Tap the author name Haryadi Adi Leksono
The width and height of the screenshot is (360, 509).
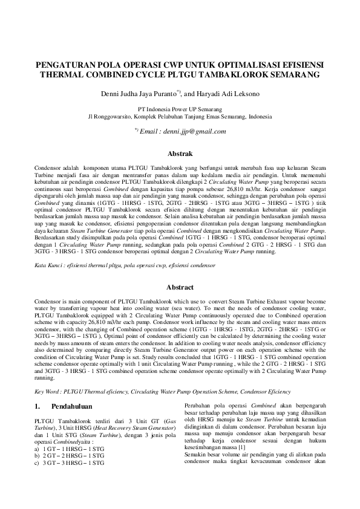[x=226, y=94]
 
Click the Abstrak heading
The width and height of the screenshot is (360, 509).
[x=180, y=155]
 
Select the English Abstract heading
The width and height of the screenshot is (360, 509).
[x=180, y=287]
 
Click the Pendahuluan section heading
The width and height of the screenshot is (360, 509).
[x=73, y=406]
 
